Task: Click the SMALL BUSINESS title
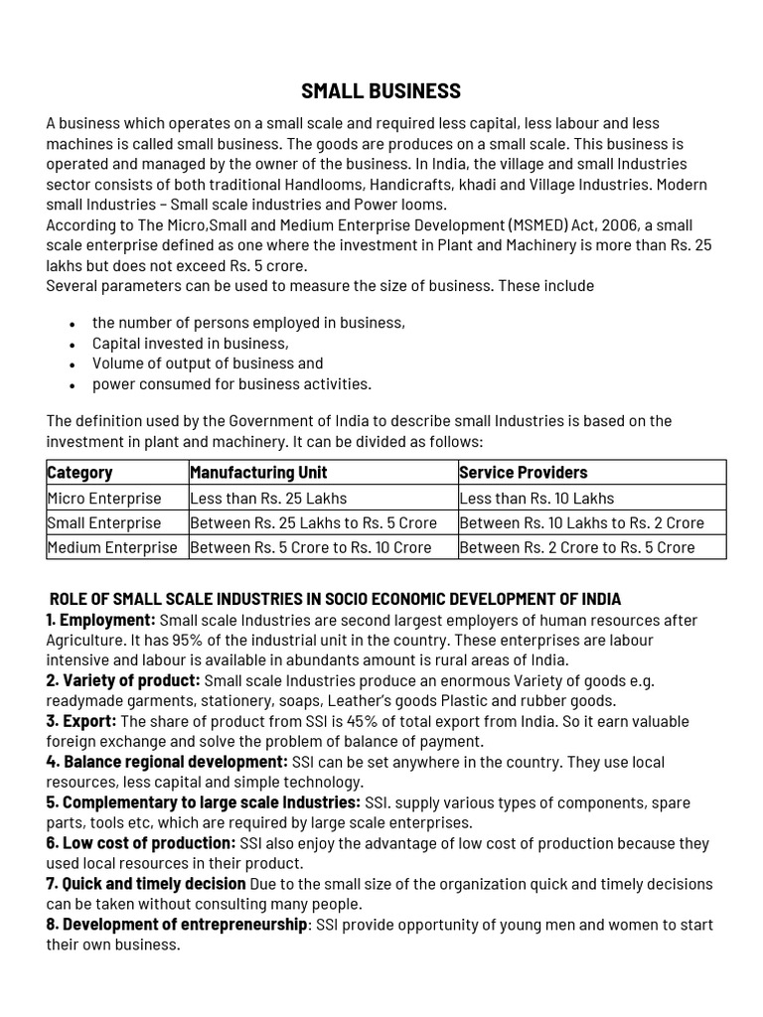pos(381,91)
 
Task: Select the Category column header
pos(79,472)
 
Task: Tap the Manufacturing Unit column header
pos(258,472)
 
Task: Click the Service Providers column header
pos(524,472)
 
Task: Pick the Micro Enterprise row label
pos(103,498)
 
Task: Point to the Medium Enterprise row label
pos(111,547)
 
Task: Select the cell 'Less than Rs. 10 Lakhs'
pos(536,498)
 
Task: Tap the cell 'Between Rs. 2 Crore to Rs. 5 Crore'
pos(577,547)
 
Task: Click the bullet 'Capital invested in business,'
pos(190,343)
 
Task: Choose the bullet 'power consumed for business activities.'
pos(231,383)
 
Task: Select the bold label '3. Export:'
pos(81,721)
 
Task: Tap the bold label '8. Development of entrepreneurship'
pos(177,925)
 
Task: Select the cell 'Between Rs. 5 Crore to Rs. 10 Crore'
pos(311,547)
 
